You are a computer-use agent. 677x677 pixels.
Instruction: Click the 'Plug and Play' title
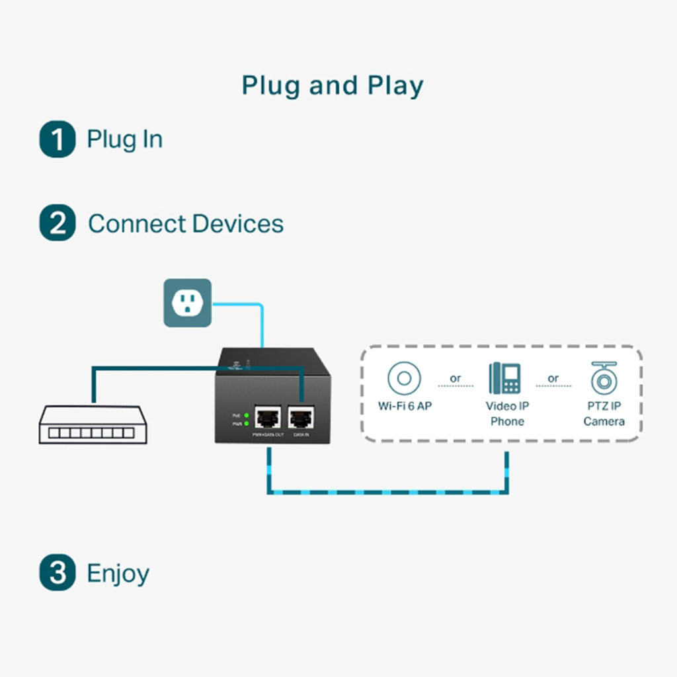click(x=333, y=86)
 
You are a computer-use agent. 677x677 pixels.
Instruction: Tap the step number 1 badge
click(x=58, y=139)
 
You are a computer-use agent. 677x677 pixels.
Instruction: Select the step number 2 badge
click(x=58, y=223)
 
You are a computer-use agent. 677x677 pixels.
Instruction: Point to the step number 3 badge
click(x=58, y=573)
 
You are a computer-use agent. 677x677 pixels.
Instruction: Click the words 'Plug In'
click(x=125, y=139)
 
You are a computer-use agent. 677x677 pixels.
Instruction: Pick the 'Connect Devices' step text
click(x=186, y=223)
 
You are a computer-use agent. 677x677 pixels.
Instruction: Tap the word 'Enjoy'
click(x=118, y=573)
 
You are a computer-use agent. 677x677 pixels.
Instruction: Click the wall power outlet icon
click(x=187, y=303)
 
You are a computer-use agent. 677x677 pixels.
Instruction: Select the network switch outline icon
click(x=93, y=425)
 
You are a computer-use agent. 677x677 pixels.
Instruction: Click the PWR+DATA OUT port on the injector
click(x=267, y=417)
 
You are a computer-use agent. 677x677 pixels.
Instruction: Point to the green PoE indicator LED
click(x=247, y=415)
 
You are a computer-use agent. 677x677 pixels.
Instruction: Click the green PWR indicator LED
click(x=247, y=422)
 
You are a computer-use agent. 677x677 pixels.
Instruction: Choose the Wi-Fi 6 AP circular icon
click(x=405, y=379)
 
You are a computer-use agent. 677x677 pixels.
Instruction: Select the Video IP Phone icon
click(x=505, y=378)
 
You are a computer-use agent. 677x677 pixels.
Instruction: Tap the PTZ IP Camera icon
click(x=604, y=378)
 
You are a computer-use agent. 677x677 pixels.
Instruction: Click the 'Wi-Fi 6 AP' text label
click(x=405, y=406)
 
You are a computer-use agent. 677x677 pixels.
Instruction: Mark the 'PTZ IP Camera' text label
click(x=604, y=413)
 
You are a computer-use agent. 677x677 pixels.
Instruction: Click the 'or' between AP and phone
click(x=456, y=379)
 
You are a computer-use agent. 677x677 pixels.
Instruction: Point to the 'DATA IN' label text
click(x=301, y=434)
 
